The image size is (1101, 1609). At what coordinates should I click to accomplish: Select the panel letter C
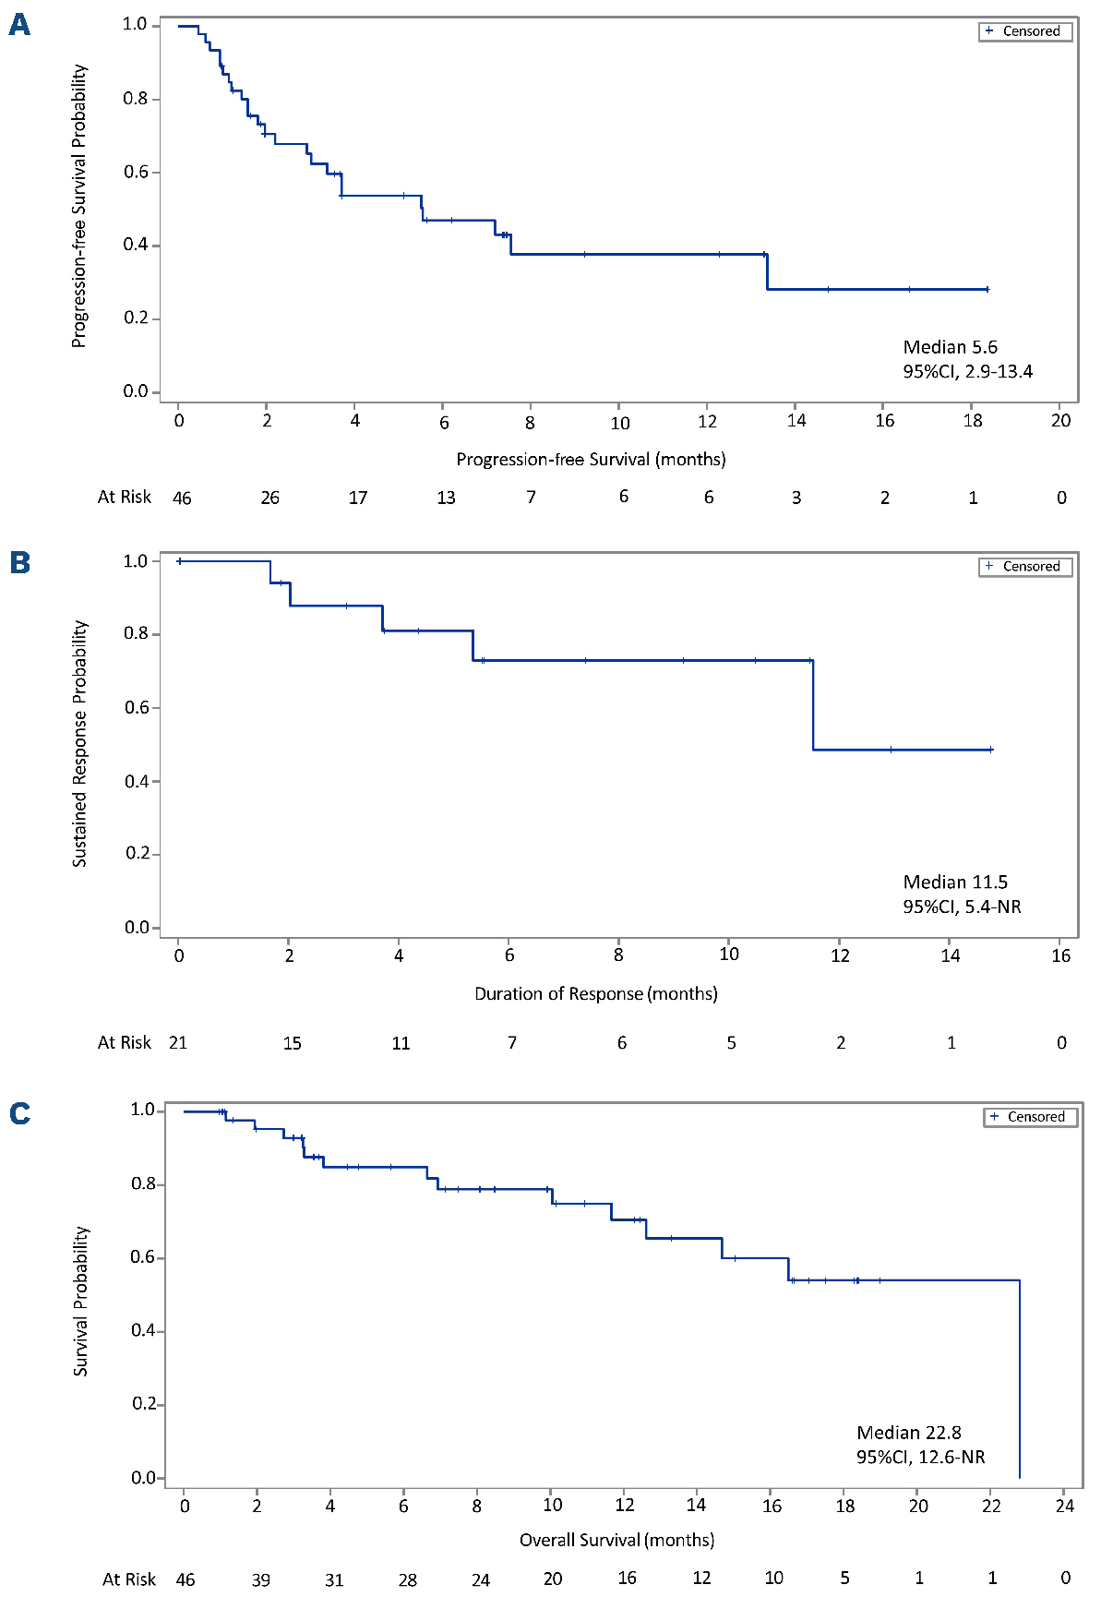[x=19, y=1113]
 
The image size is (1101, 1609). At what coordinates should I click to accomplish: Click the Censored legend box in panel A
[x=1025, y=31]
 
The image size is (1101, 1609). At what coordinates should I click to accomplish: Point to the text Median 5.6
[x=950, y=347]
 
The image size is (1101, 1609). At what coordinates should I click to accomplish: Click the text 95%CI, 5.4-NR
[x=962, y=907]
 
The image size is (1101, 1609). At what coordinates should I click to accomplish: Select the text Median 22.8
[x=908, y=1432]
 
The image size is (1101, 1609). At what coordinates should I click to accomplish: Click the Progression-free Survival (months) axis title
[x=591, y=459]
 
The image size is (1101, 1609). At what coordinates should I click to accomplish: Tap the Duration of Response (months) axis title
[x=595, y=993]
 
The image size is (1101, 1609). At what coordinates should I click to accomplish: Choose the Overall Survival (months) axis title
[x=616, y=1540]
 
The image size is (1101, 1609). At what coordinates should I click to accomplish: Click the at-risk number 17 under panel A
[x=358, y=498]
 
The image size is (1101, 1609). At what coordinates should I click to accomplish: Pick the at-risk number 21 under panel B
[x=178, y=1042]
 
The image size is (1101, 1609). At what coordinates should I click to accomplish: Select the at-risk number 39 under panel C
[x=261, y=1579]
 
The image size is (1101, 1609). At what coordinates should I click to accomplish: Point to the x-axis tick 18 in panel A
[x=973, y=421]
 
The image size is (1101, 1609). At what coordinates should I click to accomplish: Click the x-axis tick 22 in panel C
[x=990, y=1506]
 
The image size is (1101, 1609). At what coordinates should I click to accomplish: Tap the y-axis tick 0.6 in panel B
[x=138, y=707]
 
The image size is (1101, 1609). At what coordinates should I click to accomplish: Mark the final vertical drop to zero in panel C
[x=1019, y=1380]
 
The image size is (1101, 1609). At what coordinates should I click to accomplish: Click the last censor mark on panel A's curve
[x=987, y=289]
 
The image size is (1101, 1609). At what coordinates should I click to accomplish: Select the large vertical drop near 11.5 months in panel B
[x=813, y=705]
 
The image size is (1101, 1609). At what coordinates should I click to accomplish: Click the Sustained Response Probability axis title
[x=80, y=743]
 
